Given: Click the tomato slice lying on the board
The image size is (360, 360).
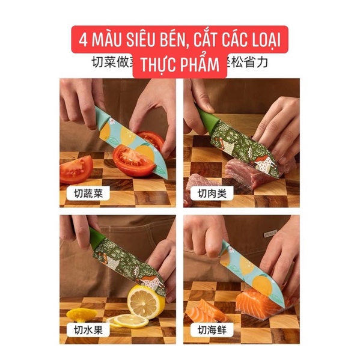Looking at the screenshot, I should (76, 169).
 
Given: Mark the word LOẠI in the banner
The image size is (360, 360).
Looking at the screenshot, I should (267, 44).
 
